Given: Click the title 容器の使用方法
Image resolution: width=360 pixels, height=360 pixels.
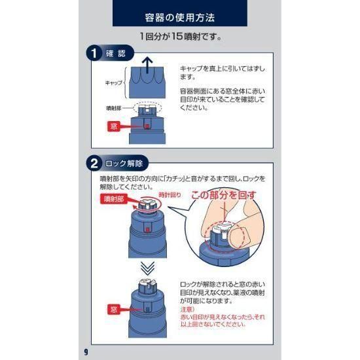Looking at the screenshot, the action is point(180,18).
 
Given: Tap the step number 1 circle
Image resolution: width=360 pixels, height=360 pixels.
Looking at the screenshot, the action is point(94,54).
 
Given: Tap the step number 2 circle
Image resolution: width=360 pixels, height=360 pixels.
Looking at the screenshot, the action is point(94,164).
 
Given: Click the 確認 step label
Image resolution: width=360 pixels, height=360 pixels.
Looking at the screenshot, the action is point(116,54).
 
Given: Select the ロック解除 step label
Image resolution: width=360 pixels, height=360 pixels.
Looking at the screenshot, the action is point(124,164).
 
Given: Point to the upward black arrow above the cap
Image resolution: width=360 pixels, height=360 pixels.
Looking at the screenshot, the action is point(147,65).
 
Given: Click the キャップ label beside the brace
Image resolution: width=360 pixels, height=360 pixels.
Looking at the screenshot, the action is point(114,82).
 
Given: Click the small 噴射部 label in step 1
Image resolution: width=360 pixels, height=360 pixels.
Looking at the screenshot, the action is point(114,108).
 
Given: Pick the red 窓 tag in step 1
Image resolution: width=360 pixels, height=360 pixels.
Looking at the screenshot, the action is point(114,126).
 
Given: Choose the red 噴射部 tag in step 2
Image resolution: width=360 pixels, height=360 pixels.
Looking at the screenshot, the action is point(114,199).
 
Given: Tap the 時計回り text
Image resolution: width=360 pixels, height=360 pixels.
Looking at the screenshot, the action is point(170,195).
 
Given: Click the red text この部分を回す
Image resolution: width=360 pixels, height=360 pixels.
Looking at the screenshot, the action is point(224,195).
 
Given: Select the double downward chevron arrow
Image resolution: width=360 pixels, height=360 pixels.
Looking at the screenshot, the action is point(147,268).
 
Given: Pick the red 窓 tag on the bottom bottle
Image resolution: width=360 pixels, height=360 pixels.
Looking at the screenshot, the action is point(114,310).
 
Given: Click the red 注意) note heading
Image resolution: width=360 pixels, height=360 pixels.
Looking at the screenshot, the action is point(187,310).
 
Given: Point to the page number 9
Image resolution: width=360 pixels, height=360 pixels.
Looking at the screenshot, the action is point(86,351).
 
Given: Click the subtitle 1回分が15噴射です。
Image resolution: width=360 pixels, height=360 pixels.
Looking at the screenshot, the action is point(181,37).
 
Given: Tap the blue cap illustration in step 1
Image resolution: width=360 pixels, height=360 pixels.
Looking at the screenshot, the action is point(147,82).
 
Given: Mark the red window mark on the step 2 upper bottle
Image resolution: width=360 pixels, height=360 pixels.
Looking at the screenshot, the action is point(147,229).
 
